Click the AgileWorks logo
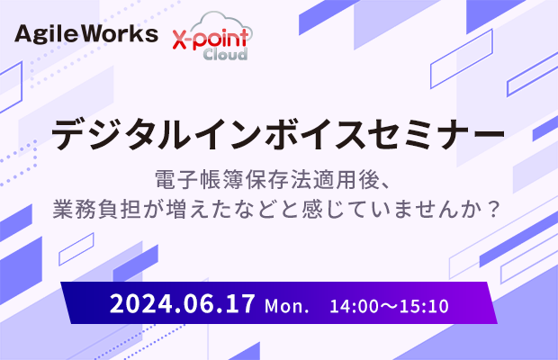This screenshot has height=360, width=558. pos(86,34)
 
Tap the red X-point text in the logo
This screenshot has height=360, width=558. pos(210,39)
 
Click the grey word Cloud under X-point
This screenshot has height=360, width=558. pos(225,54)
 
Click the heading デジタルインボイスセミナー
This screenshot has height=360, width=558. pos(278,134)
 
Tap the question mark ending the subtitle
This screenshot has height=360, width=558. pos(493,209)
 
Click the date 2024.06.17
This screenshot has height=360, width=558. pos(182,303)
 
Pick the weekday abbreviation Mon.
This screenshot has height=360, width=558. pos(286,306)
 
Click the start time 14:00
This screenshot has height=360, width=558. pos(352,306)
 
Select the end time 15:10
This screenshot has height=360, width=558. pos(427,306)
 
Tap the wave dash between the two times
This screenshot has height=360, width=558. pos(389,306)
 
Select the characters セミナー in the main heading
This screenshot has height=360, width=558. pos(436,134)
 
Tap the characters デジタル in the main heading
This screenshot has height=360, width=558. pos(120,134)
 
